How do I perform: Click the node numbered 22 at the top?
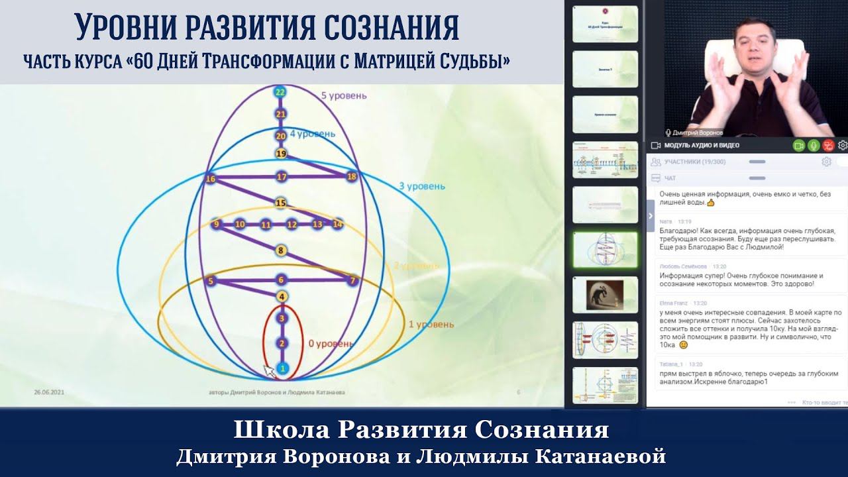pos(280,93)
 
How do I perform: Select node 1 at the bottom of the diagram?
pos(282,368)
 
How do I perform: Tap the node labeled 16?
pos(211,179)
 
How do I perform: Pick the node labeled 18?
pos(352,176)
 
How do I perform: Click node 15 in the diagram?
pos(281,203)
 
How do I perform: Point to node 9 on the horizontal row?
pos(215,225)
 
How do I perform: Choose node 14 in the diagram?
pos(338,225)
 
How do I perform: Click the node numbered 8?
pos(281,250)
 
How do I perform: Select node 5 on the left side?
pos(211,282)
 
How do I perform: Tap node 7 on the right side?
pos(352,281)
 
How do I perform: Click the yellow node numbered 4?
pos(282,296)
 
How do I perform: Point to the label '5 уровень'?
pos(343,95)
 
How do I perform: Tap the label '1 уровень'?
pos(431,324)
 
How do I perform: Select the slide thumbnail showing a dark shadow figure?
pos(605,295)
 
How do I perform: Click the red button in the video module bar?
pos(827,145)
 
